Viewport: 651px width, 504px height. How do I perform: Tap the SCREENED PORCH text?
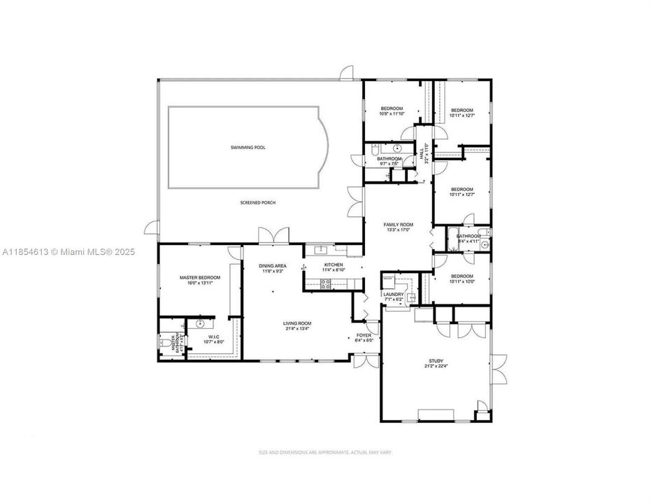[x=255, y=202]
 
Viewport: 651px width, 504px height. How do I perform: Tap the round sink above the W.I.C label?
[x=201, y=324]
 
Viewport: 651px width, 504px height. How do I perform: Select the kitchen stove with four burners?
[x=325, y=283]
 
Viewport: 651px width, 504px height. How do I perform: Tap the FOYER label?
[x=364, y=335]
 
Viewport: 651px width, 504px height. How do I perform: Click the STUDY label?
[x=436, y=362]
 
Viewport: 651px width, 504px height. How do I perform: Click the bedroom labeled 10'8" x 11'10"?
[x=392, y=108]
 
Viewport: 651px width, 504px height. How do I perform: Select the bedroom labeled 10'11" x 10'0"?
[x=462, y=276]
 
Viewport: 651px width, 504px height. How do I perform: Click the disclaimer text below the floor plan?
[x=325, y=453]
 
